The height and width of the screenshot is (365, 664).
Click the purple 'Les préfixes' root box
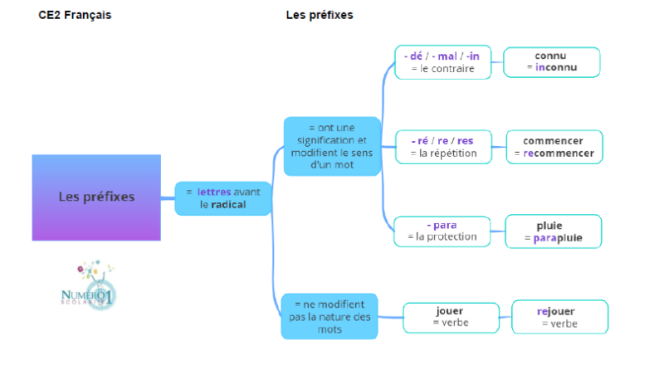pyautogui.click(x=96, y=197)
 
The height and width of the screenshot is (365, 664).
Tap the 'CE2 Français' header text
pyautogui.click(x=74, y=16)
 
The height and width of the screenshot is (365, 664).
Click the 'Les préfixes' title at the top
pyautogui.click(x=320, y=16)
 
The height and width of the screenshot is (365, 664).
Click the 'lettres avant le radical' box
pyautogui.click(x=222, y=198)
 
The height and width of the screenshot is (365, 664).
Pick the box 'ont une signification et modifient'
pyautogui.click(x=332, y=146)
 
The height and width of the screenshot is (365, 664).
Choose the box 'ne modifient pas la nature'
pyautogui.click(x=330, y=316)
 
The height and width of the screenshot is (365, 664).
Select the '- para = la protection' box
pyautogui.click(x=442, y=231)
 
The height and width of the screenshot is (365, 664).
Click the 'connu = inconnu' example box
pyautogui.click(x=552, y=61)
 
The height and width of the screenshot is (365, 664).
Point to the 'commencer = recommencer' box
pyautogui.click(x=553, y=147)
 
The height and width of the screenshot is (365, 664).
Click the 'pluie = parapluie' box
pyautogui.click(x=553, y=231)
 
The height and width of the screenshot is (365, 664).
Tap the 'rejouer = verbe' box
pyautogui.click(x=560, y=317)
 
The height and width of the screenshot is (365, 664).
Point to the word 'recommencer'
pyautogui.click(x=558, y=153)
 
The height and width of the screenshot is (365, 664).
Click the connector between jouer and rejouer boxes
pyautogui.click(x=506, y=317)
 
